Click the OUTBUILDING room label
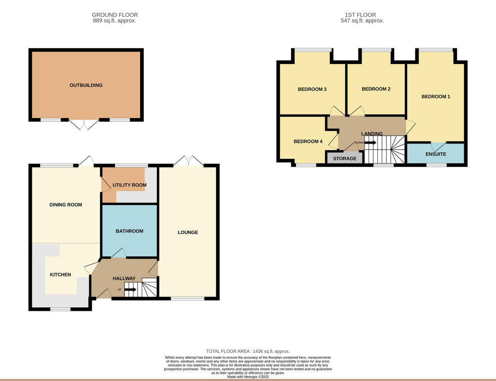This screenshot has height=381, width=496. tap(86, 85)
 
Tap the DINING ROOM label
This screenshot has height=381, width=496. tap(66, 205)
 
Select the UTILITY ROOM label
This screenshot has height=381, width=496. tap(129, 185)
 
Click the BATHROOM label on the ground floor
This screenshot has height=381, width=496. tap(129, 231)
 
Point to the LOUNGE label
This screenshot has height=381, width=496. tap(188, 232)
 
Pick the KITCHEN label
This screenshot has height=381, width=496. tap(60, 275)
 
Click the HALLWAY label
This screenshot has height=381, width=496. tap(124, 278)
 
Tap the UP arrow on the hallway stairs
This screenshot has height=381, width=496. tap(130, 289)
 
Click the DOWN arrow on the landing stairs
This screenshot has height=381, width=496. tap(370, 143)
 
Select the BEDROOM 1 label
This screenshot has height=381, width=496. tap(436, 97)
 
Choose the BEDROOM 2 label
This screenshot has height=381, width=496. tap(376, 89)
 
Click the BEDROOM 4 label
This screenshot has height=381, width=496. tap(308, 142)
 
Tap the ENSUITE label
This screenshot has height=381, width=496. tap(436, 154)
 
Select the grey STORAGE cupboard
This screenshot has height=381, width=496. tap(345, 159)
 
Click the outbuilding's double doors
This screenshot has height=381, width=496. tap(84, 124)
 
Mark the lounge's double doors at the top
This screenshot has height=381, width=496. tap(188, 161)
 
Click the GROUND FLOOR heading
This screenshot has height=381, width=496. tap(115, 15)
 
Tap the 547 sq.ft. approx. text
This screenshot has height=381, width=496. tap(362, 21)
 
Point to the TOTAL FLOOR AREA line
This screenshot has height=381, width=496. tap(248, 351)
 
